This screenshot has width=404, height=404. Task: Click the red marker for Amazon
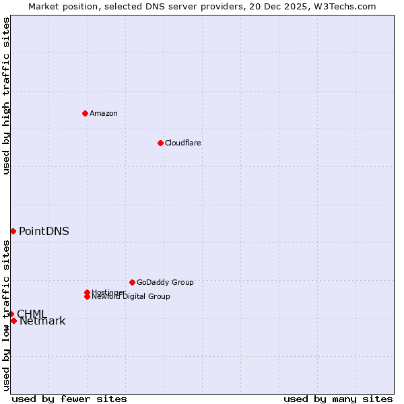click(85, 113)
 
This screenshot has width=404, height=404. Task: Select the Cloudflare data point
click(160, 143)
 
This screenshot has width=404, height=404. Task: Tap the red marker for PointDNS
click(13, 231)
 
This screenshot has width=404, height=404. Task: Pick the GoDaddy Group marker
click(132, 282)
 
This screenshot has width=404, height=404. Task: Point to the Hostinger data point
click(87, 292)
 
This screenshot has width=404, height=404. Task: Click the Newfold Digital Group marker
click(88, 296)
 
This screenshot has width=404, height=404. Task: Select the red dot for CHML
click(11, 314)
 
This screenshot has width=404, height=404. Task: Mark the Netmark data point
click(13, 321)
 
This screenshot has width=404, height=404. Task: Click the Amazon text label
click(104, 113)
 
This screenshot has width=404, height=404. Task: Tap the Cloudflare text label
click(183, 143)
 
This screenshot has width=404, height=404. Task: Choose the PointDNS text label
click(44, 231)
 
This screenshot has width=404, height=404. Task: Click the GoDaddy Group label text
click(165, 282)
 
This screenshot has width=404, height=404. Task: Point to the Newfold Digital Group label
click(132, 297)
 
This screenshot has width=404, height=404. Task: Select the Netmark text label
click(42, 321)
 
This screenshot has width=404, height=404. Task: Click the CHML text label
click(32, 314)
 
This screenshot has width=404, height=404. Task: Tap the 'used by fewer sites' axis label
click(69, 399)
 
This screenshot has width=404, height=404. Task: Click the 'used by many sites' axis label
click(338, 399)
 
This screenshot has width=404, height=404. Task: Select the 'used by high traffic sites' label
click(6, 96)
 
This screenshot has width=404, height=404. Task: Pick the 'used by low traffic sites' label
click(6, 315)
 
